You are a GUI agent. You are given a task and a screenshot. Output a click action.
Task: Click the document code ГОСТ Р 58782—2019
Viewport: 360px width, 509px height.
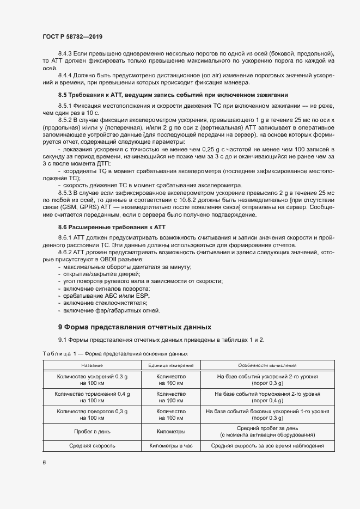click(x=72, y=36)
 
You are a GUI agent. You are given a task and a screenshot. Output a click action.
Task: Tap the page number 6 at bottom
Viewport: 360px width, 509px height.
click(x=44, y=463)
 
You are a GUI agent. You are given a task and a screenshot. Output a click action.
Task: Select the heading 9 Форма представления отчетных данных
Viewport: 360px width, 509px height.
click(x=134, y=327)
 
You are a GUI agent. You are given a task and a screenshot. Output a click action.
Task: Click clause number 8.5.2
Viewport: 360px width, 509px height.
click(x=66, y=118)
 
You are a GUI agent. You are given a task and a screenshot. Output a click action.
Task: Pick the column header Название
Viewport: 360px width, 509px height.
click(x=92, y=365)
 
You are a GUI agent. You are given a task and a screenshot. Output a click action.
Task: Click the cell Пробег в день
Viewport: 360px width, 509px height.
click(x=92, y=431)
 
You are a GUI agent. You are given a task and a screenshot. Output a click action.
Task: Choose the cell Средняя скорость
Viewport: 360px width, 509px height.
click(x=92, y=445)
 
